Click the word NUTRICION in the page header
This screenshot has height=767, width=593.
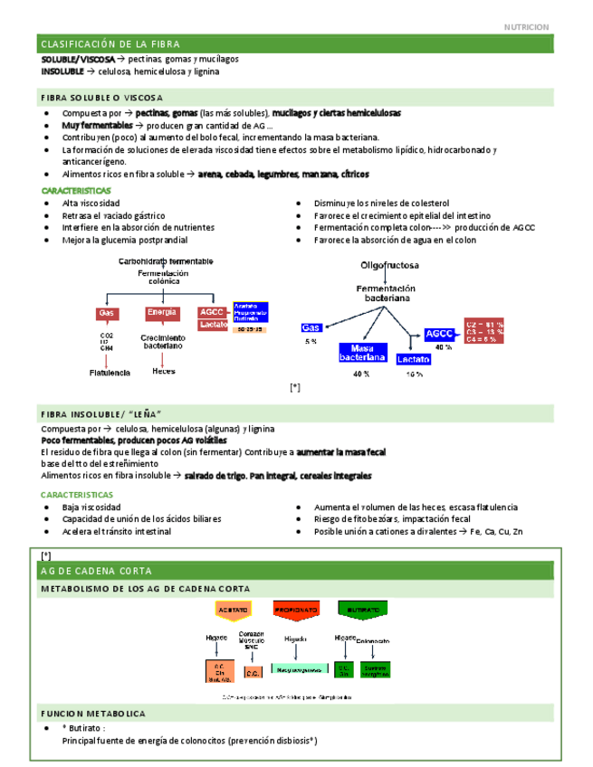click(526, 27)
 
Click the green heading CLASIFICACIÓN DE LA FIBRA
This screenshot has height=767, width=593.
click(110, 44)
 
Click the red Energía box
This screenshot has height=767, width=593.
click(162, 313)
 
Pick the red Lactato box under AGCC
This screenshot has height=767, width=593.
click(214, 324)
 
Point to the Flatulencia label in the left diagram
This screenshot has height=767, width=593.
click(109, 372)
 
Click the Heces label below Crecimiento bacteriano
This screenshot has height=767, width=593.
click(164, 372)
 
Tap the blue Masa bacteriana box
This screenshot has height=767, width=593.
click(362, 353)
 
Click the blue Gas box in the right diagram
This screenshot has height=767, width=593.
click(311, 327)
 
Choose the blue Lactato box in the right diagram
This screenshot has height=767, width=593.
click(414, 359)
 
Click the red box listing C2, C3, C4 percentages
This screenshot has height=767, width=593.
click(485, 330)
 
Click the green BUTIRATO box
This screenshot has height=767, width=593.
click(359, 610)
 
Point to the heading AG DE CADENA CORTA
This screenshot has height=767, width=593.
click(97, 571)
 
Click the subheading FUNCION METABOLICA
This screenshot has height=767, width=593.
click(93, 714)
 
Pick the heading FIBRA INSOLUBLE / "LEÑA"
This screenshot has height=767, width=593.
click(100, 413)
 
